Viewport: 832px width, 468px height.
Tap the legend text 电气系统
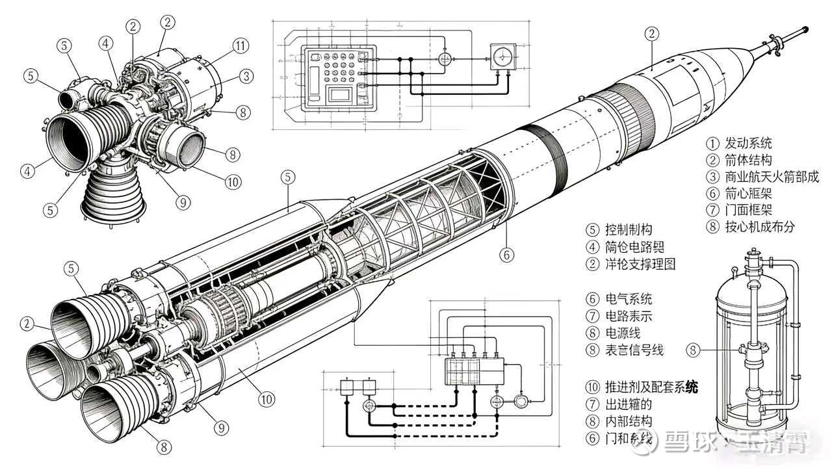point(628,300)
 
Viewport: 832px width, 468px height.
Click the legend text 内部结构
point(628,421)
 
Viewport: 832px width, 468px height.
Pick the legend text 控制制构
point(628,230)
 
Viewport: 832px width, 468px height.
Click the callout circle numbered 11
point(241,45)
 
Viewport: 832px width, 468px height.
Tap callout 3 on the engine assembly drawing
point(246,76)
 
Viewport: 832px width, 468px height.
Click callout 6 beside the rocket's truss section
point(507,255)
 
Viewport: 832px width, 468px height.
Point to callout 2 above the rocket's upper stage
point(652,34)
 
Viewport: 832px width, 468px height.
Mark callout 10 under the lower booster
point(266,399)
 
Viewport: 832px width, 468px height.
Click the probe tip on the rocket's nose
point(805,30)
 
